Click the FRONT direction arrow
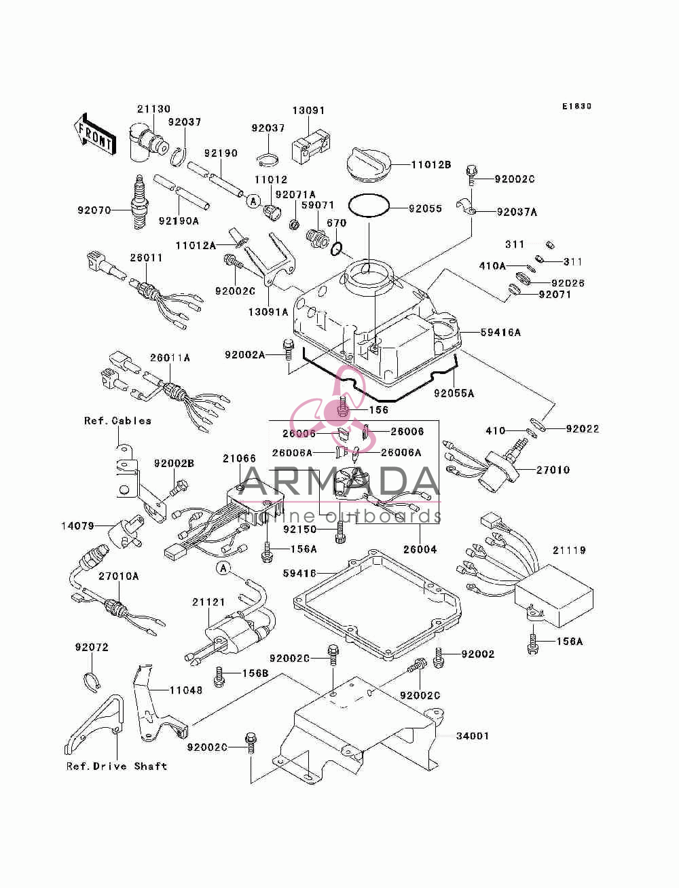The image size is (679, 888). point(95,134)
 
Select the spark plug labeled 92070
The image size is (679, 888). point(139,202)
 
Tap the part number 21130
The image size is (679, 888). point(153,109)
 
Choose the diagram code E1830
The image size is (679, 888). point(576,106)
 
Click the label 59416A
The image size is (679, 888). point(501,332)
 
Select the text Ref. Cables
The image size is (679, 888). point(117,420)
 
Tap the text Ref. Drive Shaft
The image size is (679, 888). point(117,766)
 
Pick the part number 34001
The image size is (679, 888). point(473,735)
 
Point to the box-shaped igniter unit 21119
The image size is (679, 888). point(553,596)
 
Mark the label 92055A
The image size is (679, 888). point(454,393)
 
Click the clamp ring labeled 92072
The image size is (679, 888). point(92,680)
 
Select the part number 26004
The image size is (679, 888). point(420,549)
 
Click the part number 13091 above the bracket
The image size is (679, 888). point(309,111)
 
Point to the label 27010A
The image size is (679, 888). point(119,576)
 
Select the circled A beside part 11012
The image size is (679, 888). point(254,200)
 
